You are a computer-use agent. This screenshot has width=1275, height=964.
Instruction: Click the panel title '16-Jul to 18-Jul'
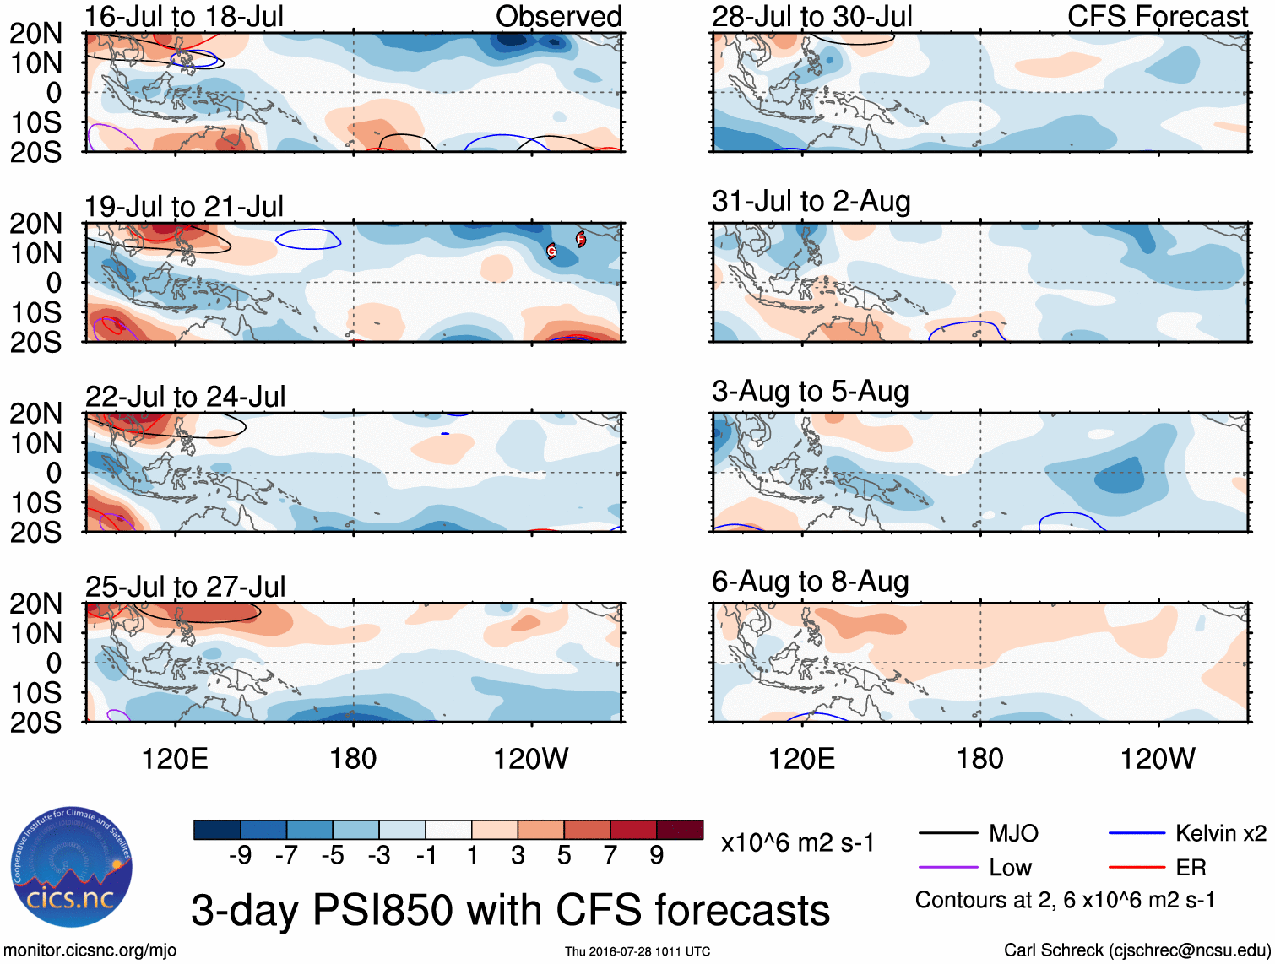click(x=184, y=16)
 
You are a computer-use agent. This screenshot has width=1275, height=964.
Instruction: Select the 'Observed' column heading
click(x=558, y=16)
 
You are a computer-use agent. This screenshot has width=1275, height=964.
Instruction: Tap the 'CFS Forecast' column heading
click(x=1157, y=16)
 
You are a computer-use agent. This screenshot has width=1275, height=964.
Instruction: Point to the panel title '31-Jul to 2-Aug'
click(x=811, y=202)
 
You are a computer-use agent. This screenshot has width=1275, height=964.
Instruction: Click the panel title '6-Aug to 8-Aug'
click(x=810, y=582)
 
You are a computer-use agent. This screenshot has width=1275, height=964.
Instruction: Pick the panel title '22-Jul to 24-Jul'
click(x=185, y=396)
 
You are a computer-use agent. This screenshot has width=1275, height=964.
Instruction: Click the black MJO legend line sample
click(x=948, y=834)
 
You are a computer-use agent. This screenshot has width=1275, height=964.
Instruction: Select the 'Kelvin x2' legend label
click(x=1220, y=834)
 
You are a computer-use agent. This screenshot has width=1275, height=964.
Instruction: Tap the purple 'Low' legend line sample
click(x=948, y=867)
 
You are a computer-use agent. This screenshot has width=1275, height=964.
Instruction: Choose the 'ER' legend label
click(x=1191, y=867)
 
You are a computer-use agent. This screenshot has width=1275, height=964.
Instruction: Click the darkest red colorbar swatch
click(x=680, y=830)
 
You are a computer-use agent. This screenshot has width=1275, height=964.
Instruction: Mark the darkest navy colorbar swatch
click(x=217, y=830)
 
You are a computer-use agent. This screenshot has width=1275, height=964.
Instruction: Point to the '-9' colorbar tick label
click(x=240, y=856)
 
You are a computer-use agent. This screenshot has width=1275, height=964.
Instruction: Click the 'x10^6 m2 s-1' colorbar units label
click(x=797, y=842)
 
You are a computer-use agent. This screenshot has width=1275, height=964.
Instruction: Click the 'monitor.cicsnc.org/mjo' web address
click(x=90, y=950)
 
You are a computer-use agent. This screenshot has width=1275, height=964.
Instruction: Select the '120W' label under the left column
click(x=530, y=759)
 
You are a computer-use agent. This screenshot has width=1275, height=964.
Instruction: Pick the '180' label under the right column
click(x=979, y=759)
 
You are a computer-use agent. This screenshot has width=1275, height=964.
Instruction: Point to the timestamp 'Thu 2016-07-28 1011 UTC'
click(x=637, y=951)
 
